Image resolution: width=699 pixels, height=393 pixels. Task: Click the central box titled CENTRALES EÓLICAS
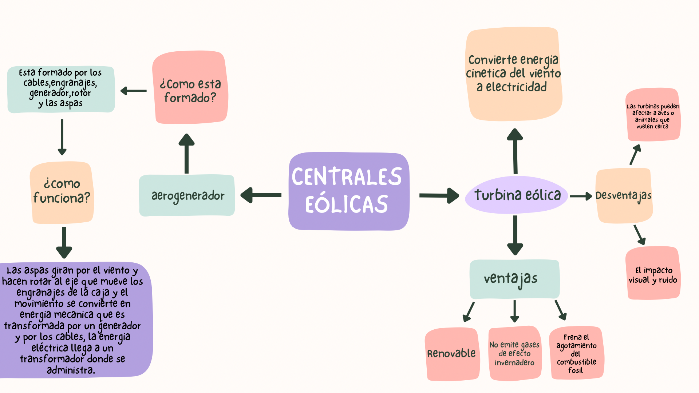348,191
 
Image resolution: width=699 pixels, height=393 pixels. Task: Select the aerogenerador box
187,196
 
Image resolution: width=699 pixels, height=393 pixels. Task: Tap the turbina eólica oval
517,195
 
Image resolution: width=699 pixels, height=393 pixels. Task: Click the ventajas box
514,279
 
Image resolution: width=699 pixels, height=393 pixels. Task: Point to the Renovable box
452,354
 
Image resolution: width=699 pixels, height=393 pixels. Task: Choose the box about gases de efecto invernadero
514,353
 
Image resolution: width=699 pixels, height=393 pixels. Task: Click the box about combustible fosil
576,353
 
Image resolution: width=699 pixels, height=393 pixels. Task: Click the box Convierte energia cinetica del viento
513,74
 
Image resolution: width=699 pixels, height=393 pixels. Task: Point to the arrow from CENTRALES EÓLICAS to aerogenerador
261,195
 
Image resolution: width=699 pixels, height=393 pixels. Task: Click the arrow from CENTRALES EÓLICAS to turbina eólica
439,195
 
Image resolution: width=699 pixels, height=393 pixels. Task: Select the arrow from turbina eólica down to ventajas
515,235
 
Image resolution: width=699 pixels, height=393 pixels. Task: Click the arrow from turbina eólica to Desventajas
581,196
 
